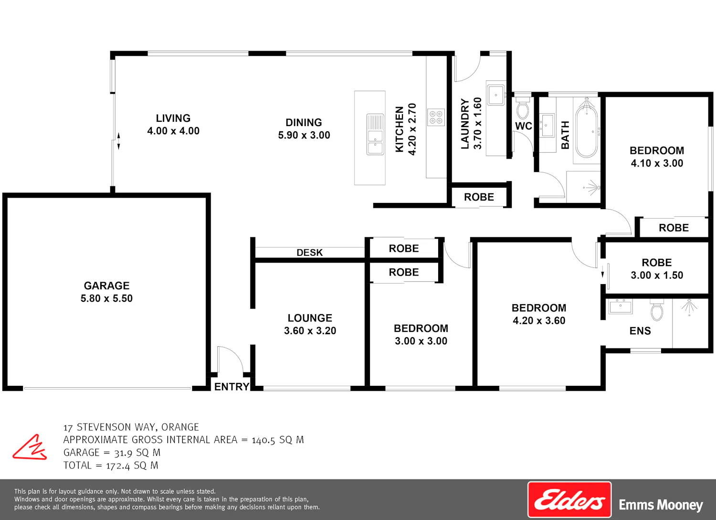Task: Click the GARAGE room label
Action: pos(106,292)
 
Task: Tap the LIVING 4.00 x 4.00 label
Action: pos(173,125)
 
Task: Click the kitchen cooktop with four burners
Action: pos(436,117)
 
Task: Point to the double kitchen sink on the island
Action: pos(375,134)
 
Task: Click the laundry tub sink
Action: pos(496,95)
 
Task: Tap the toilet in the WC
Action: pos(523,107)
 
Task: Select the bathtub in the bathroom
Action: pos(587,131)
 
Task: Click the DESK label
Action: pos(309,253)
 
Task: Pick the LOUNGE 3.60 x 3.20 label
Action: pos(310,324)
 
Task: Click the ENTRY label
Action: pos(232,387)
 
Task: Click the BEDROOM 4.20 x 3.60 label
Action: pos(539,314)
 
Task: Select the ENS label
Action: pos(640,331)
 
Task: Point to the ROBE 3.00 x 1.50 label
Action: pos(657,269)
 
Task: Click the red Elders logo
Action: pos(569,499)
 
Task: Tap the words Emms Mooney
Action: pos(661,505)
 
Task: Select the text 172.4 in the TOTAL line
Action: pos(118,466)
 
